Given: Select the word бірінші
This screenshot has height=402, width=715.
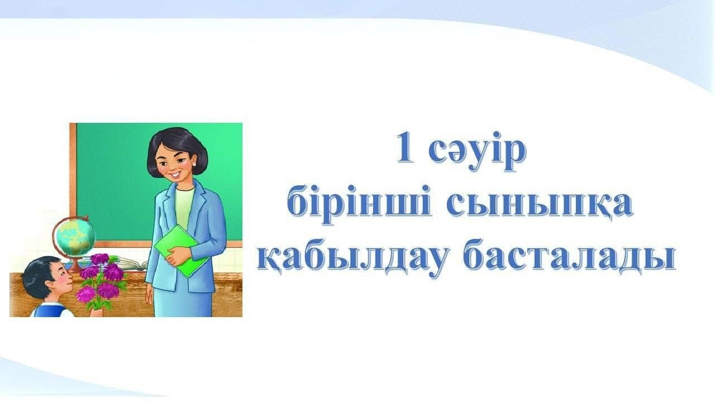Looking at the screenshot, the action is pos(359,203).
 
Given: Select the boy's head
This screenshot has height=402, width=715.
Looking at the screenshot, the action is pos(48,277).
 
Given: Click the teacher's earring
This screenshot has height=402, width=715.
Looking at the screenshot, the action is pos(194,164).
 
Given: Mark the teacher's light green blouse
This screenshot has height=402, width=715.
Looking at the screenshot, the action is pos(184,207).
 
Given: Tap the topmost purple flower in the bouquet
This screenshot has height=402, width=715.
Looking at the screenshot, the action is pos(100,259).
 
